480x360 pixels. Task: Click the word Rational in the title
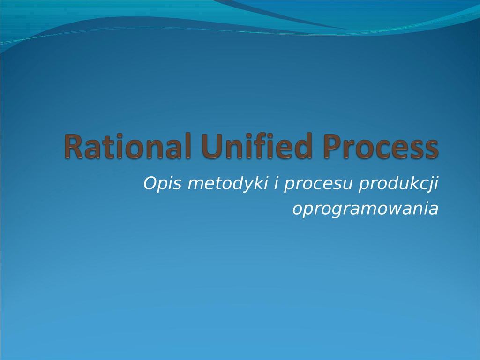[x=127, y=146]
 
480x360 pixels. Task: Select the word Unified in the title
[x=256, y=146]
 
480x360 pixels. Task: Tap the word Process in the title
[x=381, y=146]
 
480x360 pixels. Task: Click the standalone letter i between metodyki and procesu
[x=276, y=183]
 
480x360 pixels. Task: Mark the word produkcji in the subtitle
[x=398, y=184]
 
